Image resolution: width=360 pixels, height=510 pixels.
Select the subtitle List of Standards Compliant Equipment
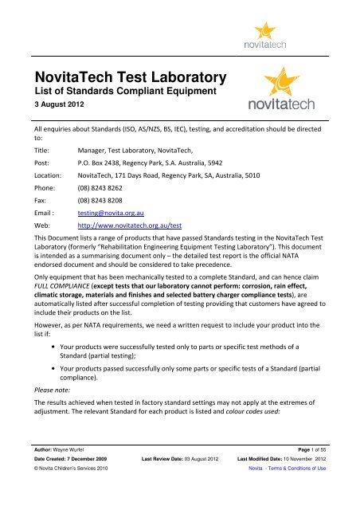point(123,93)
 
